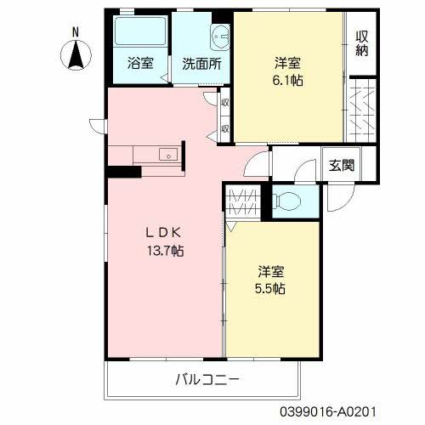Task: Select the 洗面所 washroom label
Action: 201,63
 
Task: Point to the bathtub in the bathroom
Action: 140,35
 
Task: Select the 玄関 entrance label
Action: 342,165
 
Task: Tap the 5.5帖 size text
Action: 271,288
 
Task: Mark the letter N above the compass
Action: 76,32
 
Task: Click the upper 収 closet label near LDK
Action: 225,102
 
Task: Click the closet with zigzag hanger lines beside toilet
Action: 243,203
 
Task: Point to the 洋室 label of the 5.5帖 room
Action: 271,271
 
